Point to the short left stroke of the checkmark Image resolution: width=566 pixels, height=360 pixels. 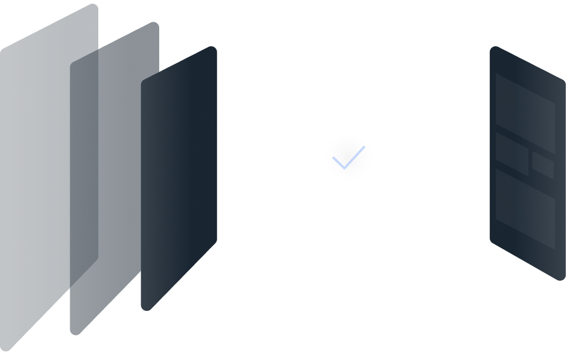pos(339,162)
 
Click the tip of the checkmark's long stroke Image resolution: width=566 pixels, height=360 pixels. pos(363,148)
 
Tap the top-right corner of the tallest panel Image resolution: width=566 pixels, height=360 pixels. pos(94,7)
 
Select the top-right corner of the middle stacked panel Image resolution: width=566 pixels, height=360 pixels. pos(155,25)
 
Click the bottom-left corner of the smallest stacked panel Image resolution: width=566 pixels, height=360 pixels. pos(145,307)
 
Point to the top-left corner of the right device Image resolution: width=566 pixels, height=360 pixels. pos(493,50)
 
